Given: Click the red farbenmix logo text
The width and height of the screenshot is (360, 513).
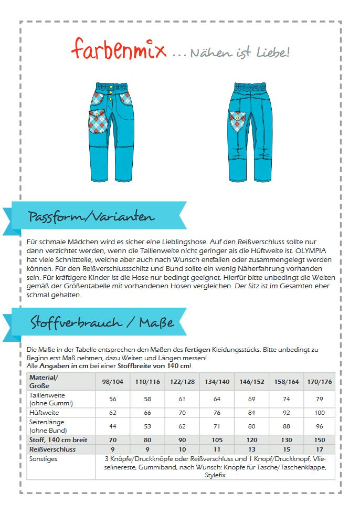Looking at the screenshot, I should point(119,50).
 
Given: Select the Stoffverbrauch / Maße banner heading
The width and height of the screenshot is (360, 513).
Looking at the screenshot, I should point(102,321).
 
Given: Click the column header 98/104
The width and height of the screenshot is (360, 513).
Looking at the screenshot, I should point(112,382).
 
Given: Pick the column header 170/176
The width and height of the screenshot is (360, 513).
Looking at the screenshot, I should point(319,382).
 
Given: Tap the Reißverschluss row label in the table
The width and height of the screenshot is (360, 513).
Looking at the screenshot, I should point(52,449).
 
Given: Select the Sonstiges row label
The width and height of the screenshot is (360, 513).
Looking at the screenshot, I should point(44,459).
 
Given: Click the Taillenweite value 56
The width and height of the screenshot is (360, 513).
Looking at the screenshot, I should point(112,399).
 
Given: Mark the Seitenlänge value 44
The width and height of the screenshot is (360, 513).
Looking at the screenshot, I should point(112,426).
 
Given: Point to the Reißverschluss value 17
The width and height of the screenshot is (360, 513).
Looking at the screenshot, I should point(319,449).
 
